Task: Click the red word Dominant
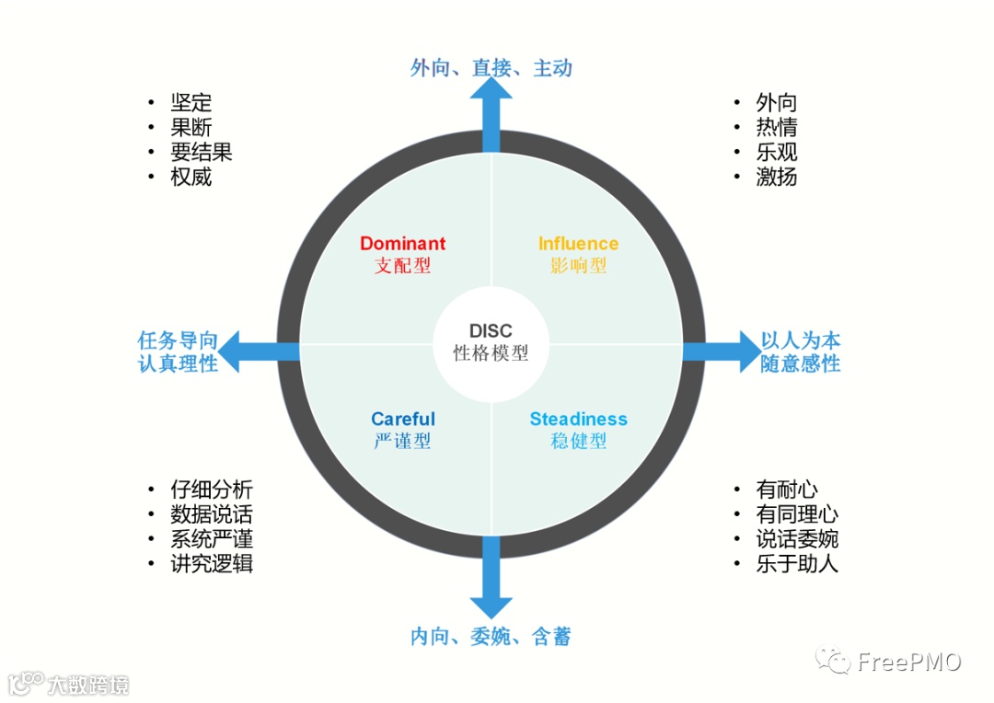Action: click(x=402, y=244)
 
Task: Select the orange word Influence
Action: click(x=578, y=244)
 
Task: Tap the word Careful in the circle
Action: click(x=403, y=420)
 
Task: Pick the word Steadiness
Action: click(x=578, y=420)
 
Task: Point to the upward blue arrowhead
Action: click(x=491, y=90)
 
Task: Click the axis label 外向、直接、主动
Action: click(x=491, y=68)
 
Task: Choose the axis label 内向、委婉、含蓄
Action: click(x=491, y=637)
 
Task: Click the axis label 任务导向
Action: click(x=178, y=340)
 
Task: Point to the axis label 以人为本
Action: click(x=801, y=340)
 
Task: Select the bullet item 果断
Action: click(x=191, y=128)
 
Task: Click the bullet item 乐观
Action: click(x=777, y=153)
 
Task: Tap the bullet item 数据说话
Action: click(x=212, y=515)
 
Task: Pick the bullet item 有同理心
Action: click(x=797, y=514)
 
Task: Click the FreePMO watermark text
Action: click(x=909, y=662)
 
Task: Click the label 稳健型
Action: click(x=578, y=441)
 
